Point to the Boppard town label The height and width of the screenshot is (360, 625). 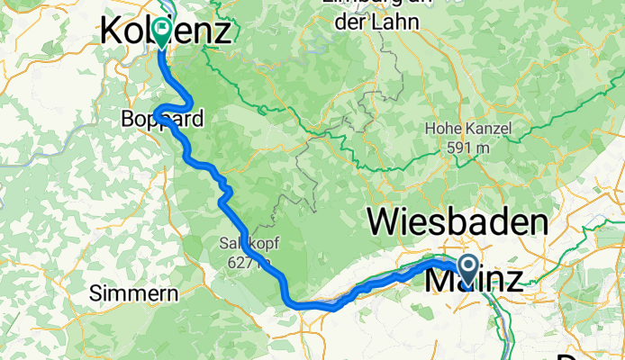point(162,119)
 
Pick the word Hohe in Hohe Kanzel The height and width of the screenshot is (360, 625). point(446,130)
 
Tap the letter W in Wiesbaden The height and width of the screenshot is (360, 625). point(381,221)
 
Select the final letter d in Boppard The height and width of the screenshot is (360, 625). point(197,119)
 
